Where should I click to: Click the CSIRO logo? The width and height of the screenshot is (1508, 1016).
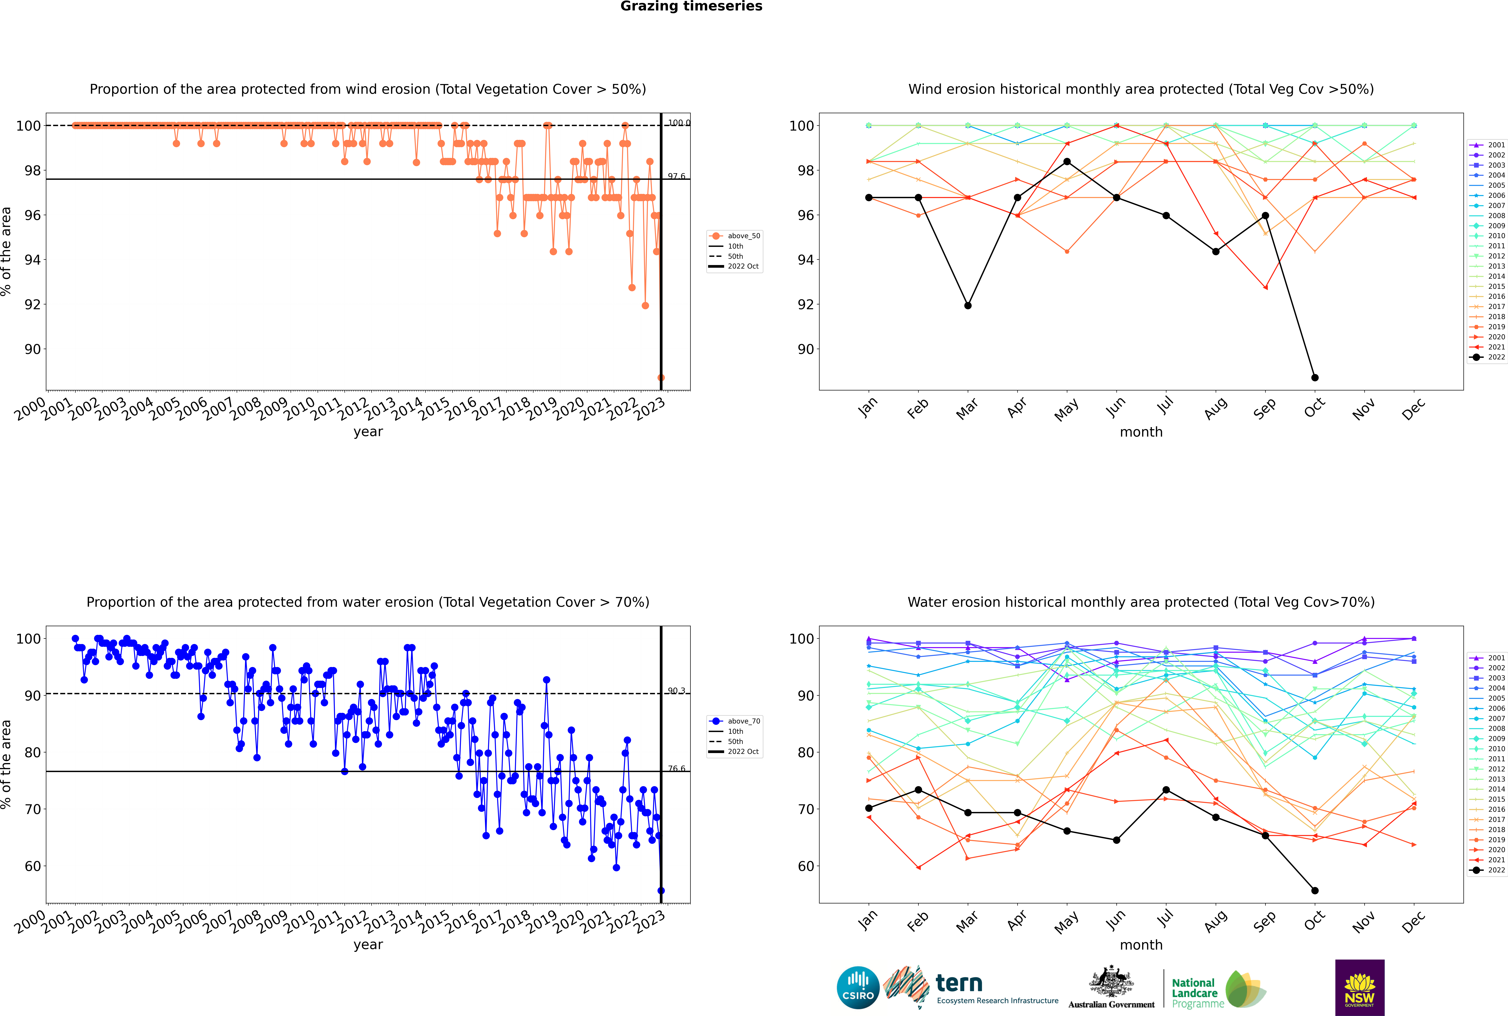(858, 988)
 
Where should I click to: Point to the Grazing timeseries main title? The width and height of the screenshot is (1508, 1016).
(691, 6)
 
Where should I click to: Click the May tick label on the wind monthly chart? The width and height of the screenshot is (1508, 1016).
(1067, 410)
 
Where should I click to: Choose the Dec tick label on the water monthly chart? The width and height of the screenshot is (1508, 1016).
(1413, 922)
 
